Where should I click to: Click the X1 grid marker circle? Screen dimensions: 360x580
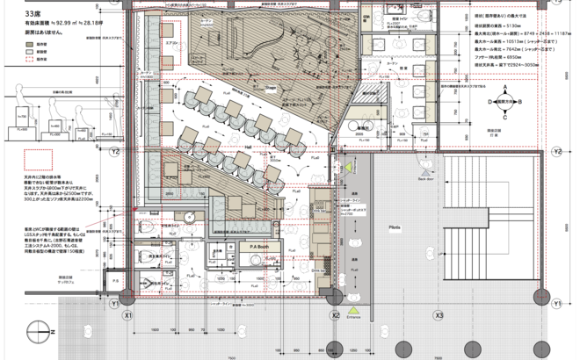(x=128, y=315)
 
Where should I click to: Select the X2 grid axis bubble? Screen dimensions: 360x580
(x=334, y=315)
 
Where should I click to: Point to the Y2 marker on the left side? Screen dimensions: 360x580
(x=116, y=151)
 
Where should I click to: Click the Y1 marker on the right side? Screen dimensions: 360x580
(x=556, y=302)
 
